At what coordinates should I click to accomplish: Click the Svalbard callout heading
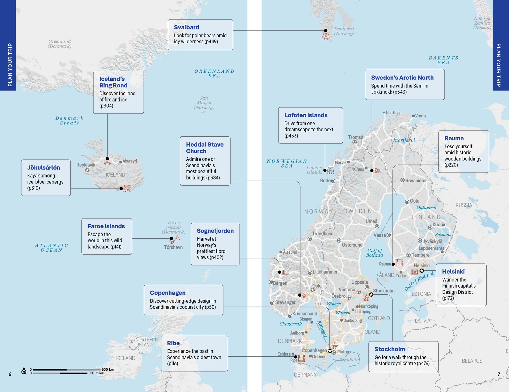pyautogui.click(x=186, y=27)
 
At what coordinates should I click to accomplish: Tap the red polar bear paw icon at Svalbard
pyautogui.click(x=326, y=37)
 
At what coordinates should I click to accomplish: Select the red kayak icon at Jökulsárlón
pyautogui.click(x=127, y=188)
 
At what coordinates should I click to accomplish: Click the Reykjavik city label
pyautogui.click(x=86, y=165)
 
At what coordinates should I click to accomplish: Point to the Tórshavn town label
pyautogui.click(x=173, y=247)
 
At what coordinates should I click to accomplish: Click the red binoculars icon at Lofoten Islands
pyautogui.click(x=331, y=171)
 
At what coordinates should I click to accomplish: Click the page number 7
pyautogui.click(x=499, y=374)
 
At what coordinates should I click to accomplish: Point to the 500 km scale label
pyautogui.click(x=107, y=369)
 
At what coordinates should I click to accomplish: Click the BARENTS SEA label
pyautogui.click(x=443, y=60)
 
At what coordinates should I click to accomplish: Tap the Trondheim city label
pyautogui.click(x=323, y=234)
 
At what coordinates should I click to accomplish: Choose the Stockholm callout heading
pyautogui.click(x=390, y=349)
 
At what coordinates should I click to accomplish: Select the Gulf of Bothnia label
pyautogui.click(x=374, y=253)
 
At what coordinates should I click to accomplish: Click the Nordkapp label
pyautogui.click(x=393, y=113)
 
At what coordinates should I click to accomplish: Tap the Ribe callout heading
pyautogui.click(x=173, y=343)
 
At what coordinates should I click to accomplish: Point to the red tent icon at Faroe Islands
pyautogui.click(x=177, y=238)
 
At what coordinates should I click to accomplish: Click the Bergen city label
pyautogui.click(x=280, y=283)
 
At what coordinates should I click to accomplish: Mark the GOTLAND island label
pyautogui.click(x=379, y=318)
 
